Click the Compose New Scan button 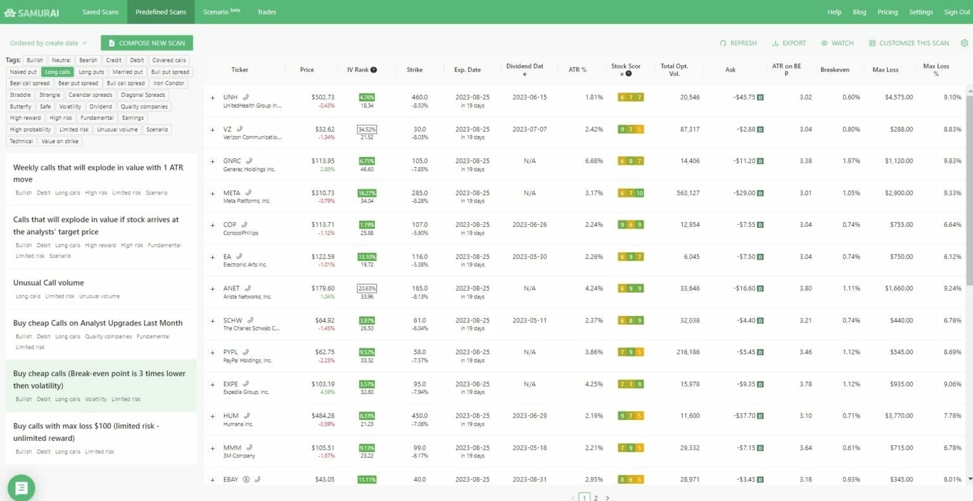pos(147,43)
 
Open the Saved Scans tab pos(100,12)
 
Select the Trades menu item pos(267,12)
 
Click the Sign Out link pos(957,12)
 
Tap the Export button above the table pos(789,43)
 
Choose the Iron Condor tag pos(169,83)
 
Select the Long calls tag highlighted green pos(58,72)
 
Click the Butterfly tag pos(20,106)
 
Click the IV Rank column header pos(359,70)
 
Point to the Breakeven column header pos(834,70)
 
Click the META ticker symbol pos(232,193)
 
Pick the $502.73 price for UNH pos(322,97)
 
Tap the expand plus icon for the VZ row pos(213,130)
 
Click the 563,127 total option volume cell pos(687,193)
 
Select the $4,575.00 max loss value pos(898,97)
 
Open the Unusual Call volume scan pos(49,282)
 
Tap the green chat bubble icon pos(21,488)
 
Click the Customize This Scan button pos(909,43)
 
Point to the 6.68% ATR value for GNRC pos(594,161)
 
